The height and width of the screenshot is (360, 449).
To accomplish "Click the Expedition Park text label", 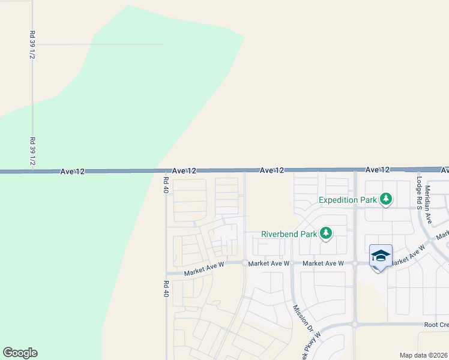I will [348, 200].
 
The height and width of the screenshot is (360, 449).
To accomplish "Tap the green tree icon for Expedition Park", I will [387, 199].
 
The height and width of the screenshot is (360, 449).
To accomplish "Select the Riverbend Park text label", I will [288, 234].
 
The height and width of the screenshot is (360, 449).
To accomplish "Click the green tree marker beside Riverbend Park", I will [326, 233].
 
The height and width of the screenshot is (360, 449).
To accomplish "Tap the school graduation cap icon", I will [381, 256].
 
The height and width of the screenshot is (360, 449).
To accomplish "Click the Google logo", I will [20, 353].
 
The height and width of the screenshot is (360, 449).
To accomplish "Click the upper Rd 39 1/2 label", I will [32, 45].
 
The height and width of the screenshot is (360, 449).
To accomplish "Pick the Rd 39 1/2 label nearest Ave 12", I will [32, 152].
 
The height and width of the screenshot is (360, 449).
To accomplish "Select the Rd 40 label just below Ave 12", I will [166, 185].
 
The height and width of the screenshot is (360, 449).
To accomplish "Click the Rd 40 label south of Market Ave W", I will [166, 289].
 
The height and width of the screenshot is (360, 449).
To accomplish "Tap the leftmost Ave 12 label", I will [73, 172].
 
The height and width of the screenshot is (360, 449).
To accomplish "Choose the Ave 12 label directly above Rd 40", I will [184, 171].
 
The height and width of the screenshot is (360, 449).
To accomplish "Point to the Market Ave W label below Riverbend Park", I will [323, 263].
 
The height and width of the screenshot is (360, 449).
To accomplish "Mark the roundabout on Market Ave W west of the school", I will [355, 263].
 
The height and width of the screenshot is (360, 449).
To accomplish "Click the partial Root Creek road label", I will [436, 325].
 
